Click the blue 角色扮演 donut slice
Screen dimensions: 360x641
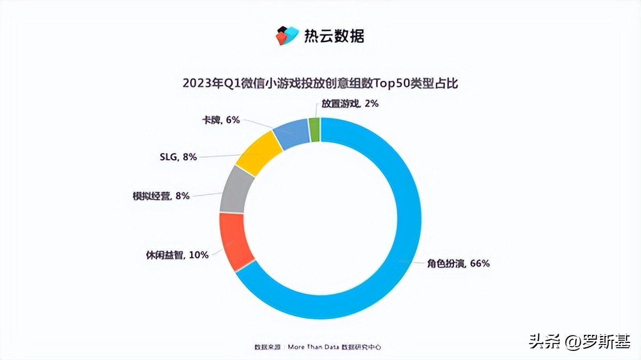pyautogui.click(x=406, y=224)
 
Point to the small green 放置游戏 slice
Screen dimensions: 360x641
pyautogui.click(x=315, y=129)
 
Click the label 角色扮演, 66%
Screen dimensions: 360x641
pyautogui.click(x=458, y=263)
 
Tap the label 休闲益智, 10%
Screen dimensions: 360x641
pyautogui.click(x=177, y=255)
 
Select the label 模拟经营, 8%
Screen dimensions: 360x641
pyautogui.click(x=161, y=195)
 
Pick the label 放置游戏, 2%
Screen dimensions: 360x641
pyautogui.click(x=350, y=104)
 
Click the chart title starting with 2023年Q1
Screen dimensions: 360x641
pyautogui.click(x=320, y=83)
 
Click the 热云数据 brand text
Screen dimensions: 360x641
pyautogui.click(x=334, y=36)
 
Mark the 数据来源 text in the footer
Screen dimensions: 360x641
pyautogui.click(x=268, y=347)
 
